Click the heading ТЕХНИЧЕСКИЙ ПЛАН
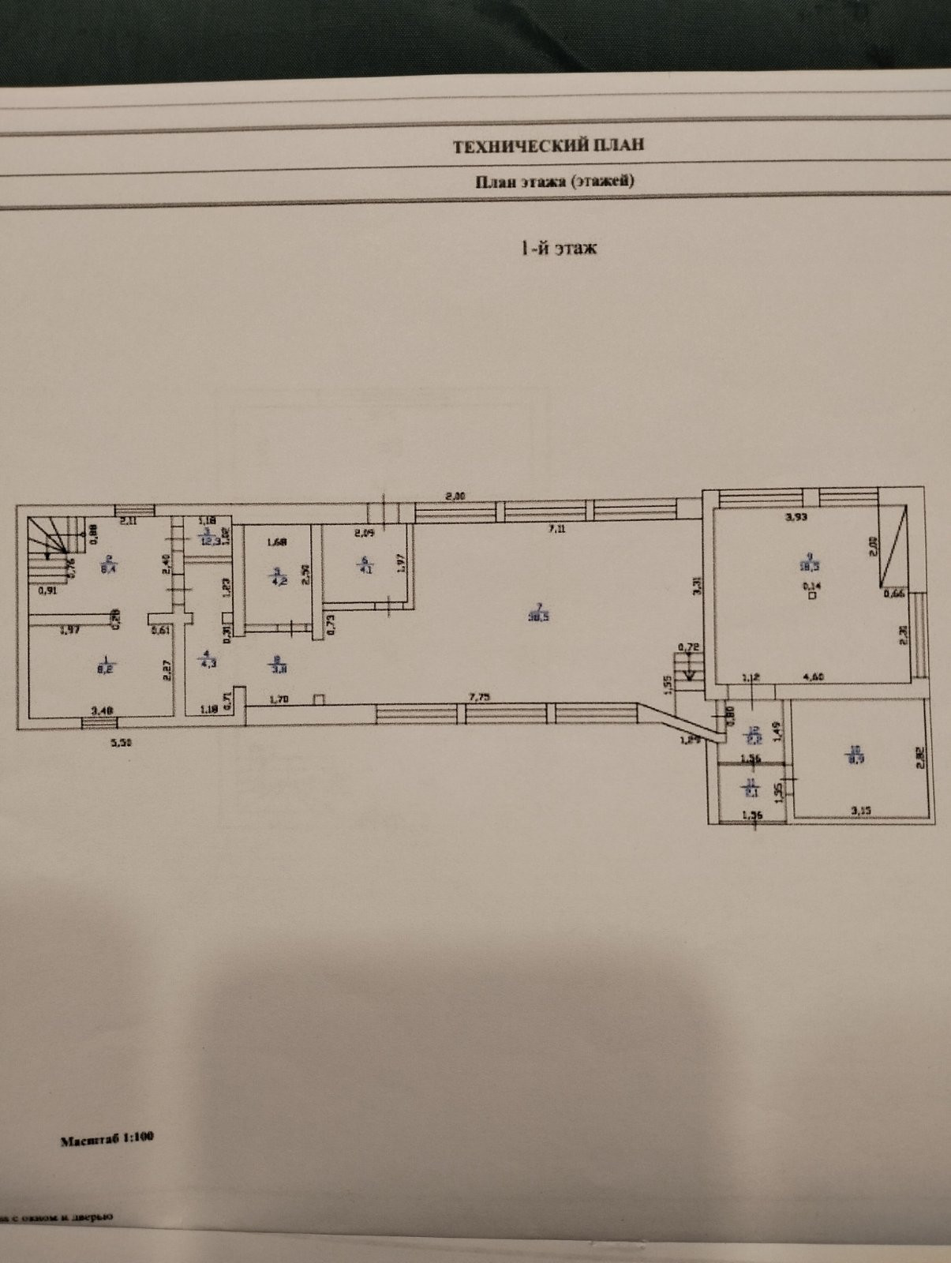click(x=548, y=145)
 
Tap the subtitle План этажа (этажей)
click(x=554, y=181)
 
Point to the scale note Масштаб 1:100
click(x=107, y=1139)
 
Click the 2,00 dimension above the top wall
click(x=455, y=497)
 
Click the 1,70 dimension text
click(x=279, y=699)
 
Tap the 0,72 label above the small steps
click(x=691, y=647)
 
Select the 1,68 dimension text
click(x=276, y=542)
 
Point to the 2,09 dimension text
click(x=364, y=533)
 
